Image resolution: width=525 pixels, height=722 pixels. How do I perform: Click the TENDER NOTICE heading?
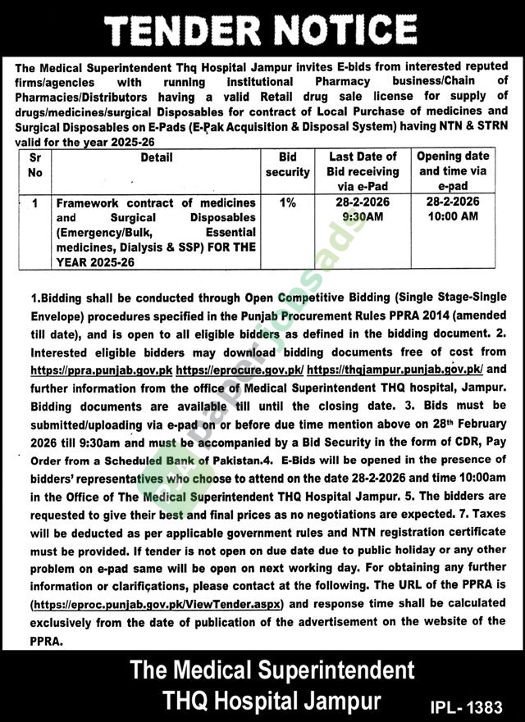pyautogui.click(x=262, y=31)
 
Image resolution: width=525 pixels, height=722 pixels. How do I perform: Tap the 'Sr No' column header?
pyautogui.click(x=33, y=165)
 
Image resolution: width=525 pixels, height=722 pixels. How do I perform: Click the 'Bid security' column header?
pyautogui.click(x=287, y=165)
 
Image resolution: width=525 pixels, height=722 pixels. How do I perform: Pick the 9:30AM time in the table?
pyautogui.click(x=363, y=217)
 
